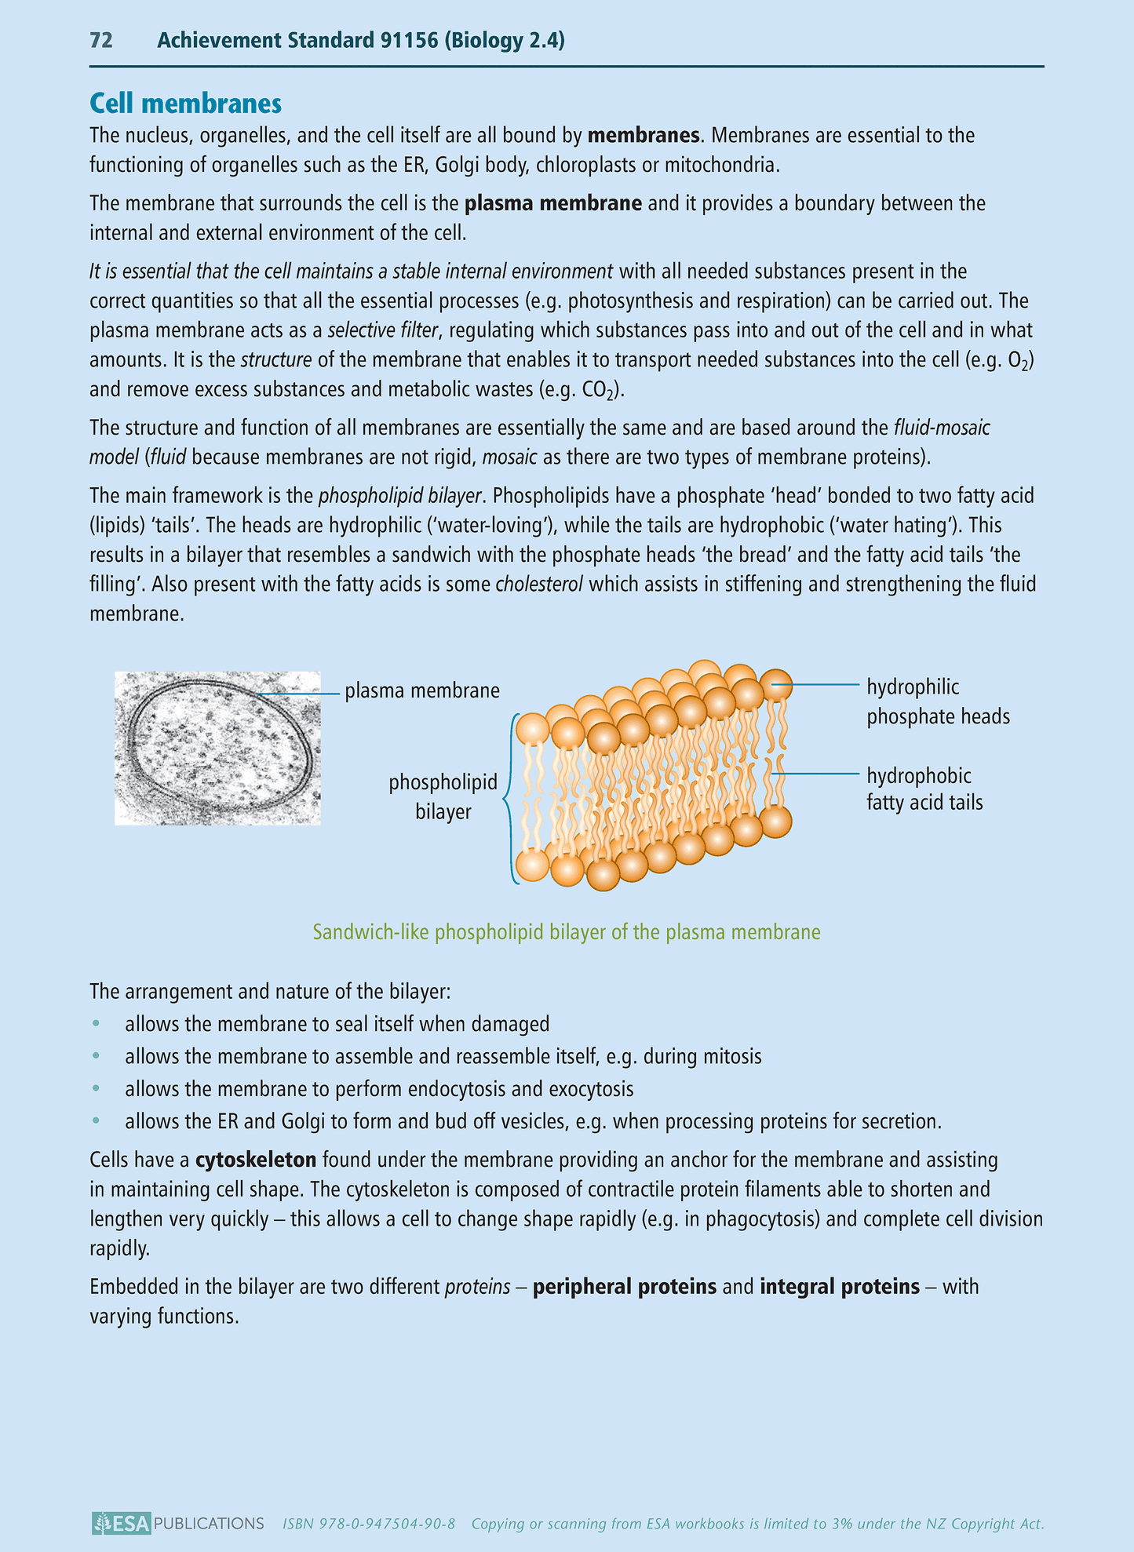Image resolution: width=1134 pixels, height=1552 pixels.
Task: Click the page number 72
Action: [x=101, y=41]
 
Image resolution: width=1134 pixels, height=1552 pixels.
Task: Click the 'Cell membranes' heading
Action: [x=185, y=104]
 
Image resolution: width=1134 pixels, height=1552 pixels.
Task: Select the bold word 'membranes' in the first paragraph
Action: [x=643, y=136]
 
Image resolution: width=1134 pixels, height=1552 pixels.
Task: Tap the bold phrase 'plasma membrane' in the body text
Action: [x=553, y=204]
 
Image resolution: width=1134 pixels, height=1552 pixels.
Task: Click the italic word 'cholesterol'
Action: [x=538, y=585]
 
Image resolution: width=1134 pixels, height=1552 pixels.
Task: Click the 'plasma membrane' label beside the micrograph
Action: [x=422, y=691]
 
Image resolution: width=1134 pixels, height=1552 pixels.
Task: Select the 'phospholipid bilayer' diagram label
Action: [x=443, y=796]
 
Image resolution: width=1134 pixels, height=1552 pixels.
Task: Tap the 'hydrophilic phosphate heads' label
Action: [x=937, y=702]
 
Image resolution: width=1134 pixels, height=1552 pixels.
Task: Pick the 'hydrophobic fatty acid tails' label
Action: [x=924, y=789]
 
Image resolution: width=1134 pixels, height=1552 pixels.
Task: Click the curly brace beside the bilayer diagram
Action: [x=510, y=799]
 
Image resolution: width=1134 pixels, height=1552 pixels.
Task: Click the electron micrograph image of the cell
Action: [x=217, y=749]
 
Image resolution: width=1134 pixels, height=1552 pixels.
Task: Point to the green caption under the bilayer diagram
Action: [x=567, y=932]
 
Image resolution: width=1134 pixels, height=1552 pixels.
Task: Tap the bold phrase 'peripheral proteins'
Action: [x=624, y=1287]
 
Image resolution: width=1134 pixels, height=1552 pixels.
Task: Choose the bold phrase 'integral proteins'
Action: [x=839, y=1287]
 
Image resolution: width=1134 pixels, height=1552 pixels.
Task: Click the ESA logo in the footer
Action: [x=120, y=1524]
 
